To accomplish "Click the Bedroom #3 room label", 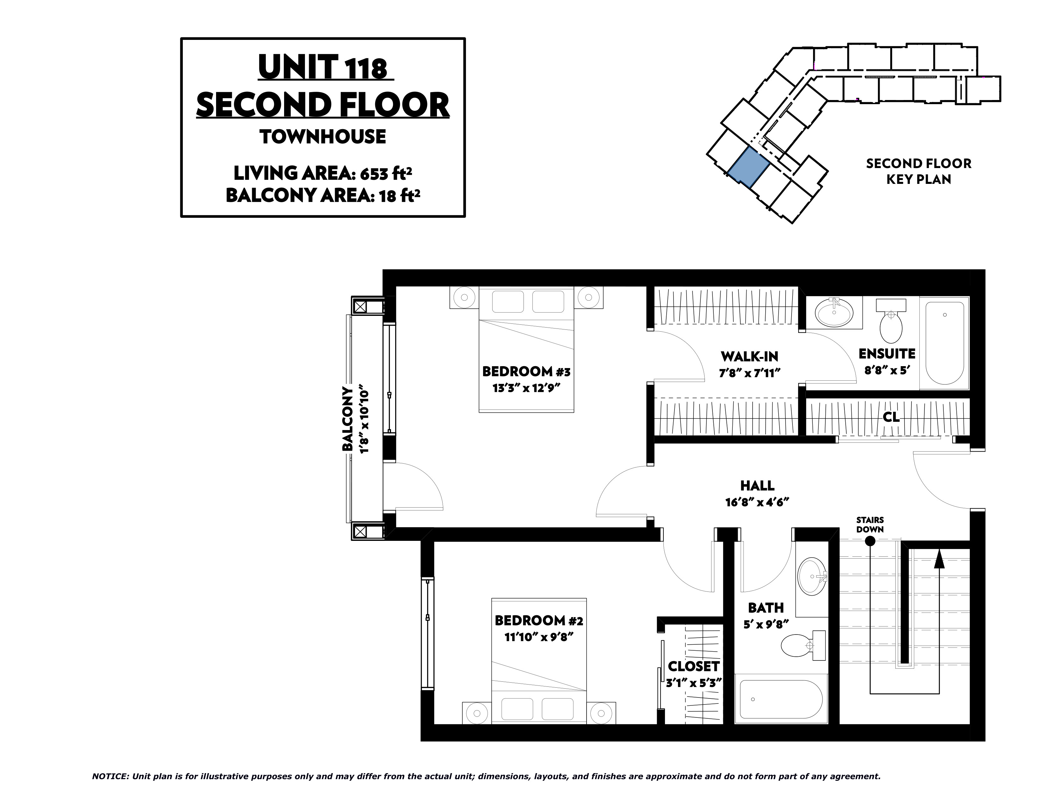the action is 526,372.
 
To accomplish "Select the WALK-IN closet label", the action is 749,356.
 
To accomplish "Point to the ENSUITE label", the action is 887,354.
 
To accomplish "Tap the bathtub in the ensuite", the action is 945,343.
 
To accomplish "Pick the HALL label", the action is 757,486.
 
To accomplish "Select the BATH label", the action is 766,608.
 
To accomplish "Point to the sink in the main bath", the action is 813,576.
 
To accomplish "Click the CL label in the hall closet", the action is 891,417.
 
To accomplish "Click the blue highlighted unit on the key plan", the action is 749,167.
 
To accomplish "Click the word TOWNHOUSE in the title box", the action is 323,137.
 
